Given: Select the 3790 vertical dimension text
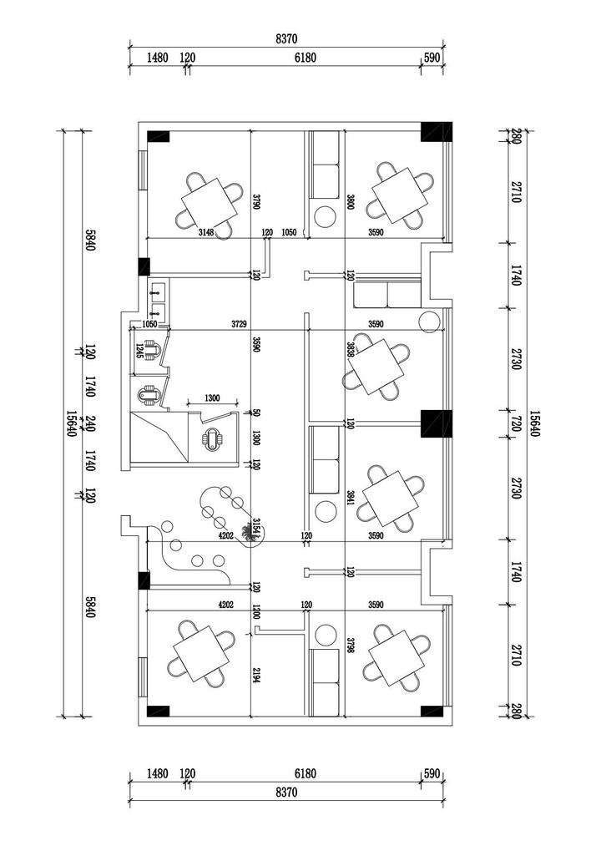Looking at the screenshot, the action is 257,201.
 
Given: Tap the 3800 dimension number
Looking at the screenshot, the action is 351,201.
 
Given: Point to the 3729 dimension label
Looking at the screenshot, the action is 241,324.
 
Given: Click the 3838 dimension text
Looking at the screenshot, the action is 351,349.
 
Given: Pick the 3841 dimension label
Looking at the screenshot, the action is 351,499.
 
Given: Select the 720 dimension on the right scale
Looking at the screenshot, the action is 514,423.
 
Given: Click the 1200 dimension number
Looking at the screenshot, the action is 257,612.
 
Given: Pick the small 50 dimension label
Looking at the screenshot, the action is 257,413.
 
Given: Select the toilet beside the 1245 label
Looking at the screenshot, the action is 151,348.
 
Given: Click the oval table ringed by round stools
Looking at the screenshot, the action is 230,515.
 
